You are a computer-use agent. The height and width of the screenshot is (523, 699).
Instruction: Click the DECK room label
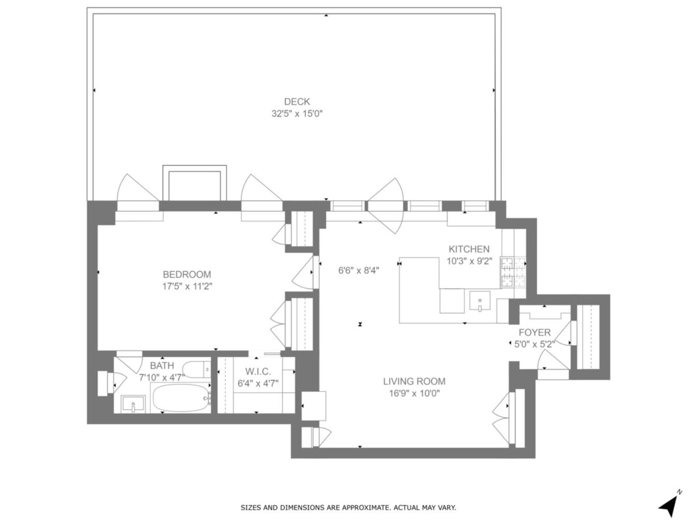[297, 101]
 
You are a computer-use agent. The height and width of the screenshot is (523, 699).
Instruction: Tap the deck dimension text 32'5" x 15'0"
[297, 113]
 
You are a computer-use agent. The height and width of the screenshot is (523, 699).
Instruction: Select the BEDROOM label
[187, 274]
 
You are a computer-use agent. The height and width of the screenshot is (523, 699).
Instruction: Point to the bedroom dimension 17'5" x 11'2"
[187, 286]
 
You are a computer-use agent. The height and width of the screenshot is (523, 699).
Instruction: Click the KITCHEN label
[469, 249]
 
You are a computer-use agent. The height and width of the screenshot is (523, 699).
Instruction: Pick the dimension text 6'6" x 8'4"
[359, 271]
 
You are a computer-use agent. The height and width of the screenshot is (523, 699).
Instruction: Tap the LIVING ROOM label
[414, 381]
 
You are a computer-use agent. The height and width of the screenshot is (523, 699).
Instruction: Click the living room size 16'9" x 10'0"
[414, 394]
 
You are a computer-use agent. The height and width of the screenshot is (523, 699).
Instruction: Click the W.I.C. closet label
[258, 371]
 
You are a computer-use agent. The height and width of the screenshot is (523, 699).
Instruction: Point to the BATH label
[162, 366]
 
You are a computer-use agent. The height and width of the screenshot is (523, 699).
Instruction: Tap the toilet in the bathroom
[197, 369]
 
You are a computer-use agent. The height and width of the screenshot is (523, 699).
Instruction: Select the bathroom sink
[133, 404]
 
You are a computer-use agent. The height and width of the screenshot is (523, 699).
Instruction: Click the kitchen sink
[479, 300]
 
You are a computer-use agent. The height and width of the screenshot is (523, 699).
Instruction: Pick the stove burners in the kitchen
[513, 272]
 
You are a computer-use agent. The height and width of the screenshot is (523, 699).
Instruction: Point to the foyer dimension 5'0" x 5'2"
[535, 344]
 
